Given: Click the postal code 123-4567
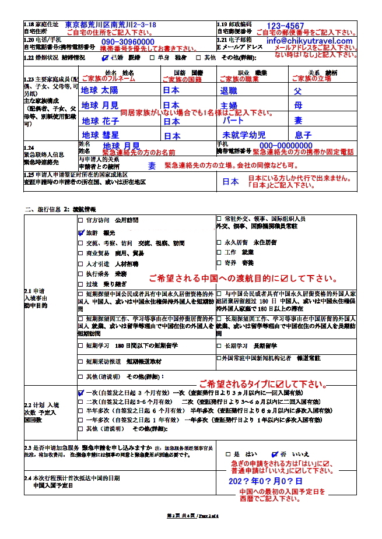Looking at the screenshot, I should pos(285,26).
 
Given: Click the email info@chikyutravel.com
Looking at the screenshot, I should pos(310,41).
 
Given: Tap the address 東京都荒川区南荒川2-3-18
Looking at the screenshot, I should pos(110,26).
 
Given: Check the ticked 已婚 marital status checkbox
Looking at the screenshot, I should pos(104,58).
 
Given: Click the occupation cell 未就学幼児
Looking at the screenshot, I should pos(243,135).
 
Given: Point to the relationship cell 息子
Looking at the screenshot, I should pos(303,135).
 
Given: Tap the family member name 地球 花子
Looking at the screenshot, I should pos(100,121).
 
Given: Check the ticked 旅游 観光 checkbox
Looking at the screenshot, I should pos(81,232).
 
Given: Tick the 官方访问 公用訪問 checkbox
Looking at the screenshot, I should pos(81,221).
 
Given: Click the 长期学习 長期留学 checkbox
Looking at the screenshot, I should pos(219,345).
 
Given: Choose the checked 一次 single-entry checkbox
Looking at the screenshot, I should pos(81,393).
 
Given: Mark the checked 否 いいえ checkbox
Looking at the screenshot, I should pos(275,454).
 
